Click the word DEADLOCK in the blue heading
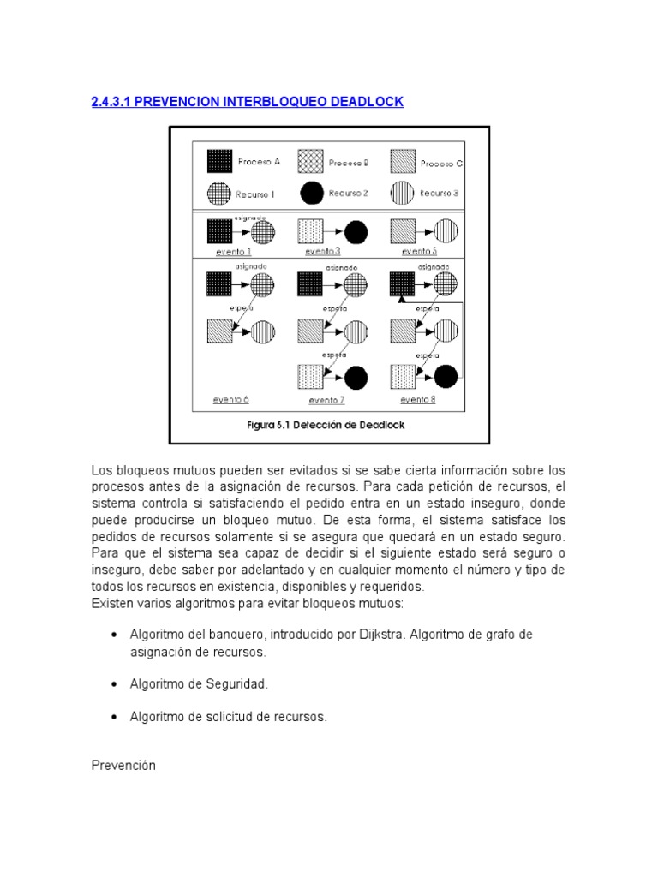click(x=365, y=102)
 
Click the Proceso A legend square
click(x=220, y=161)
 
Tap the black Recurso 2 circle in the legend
click(x=313, y=193)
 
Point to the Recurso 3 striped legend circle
click(x=402, y=193)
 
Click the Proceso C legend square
click(x=403, y=161)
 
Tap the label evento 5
click(x=419, y=252)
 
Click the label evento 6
click(x=230, y=400)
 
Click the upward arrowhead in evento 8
click(x=401, y=299)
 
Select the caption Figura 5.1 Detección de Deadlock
click(x=329, y=424)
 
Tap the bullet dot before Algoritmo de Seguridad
click(x=115, y=684)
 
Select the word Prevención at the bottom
click(x=123, y=766)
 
